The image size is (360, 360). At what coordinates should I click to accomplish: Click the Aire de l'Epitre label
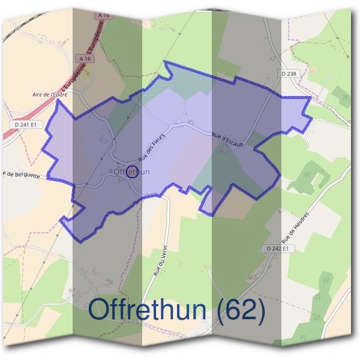click(x=50, y=94)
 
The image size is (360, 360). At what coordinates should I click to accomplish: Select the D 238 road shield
click(x=289, y=73)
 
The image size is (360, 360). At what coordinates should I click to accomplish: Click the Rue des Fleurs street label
click(x=151, y=146)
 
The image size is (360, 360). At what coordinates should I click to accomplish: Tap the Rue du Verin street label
click(x=160, y=260)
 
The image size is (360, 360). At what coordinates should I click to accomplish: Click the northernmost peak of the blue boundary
click(x=166, y=62)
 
